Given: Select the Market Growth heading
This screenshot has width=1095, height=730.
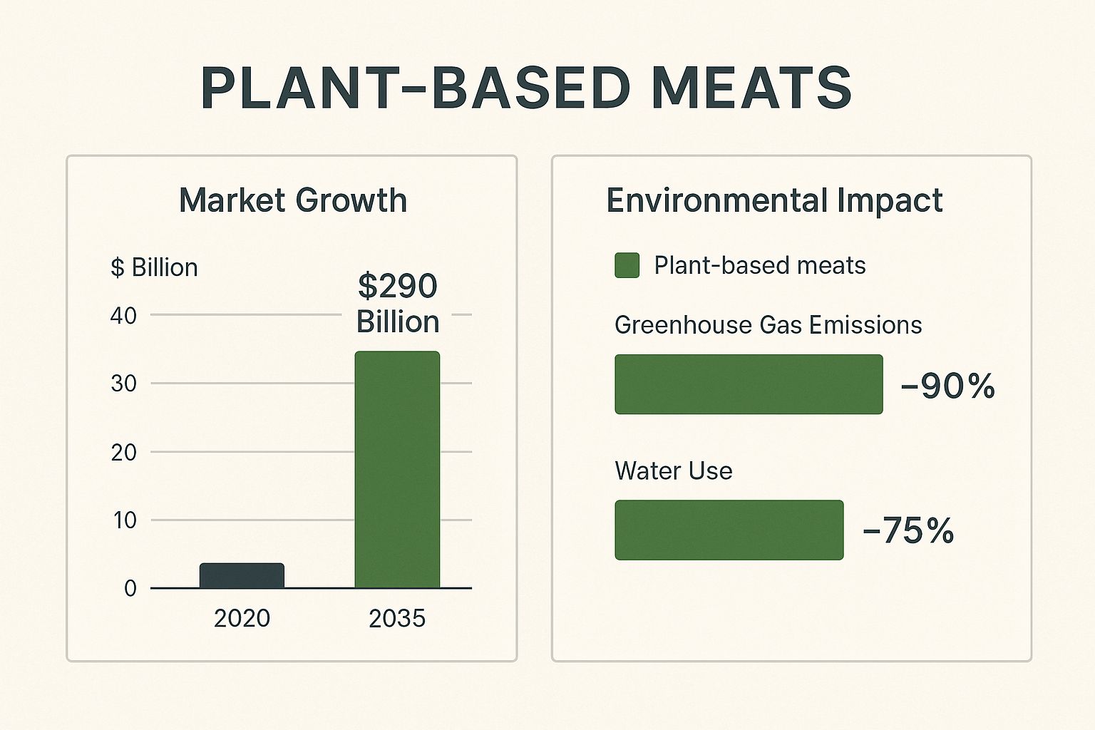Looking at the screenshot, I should [x=292, y=200].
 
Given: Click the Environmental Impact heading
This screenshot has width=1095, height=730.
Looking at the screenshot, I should [x=774, y=200].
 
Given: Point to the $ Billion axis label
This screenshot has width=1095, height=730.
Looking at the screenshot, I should [x=154, y=267].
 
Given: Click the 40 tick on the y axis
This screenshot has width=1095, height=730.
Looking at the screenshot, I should [x=123, y=315].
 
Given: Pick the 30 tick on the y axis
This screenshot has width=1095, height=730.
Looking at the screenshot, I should [x=123, y=384].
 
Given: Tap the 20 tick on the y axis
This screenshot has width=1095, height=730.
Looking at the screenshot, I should [x=123, y=452].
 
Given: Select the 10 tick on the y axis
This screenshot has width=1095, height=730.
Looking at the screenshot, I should [x=124, y=520].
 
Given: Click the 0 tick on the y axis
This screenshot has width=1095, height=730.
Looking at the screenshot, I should [x=130, y=588].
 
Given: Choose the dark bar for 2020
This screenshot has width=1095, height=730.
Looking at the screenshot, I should [x=242, y=576].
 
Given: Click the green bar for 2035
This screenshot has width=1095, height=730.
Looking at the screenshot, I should [x=397, y=470].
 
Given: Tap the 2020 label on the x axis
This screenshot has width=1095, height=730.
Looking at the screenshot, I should [x=242, y=618].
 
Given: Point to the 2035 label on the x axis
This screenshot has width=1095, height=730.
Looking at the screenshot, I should [x=397, y=618].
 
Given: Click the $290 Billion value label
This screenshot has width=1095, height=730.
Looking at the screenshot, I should [x=398, y=304].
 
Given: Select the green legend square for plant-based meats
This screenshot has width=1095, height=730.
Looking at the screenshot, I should [x=627, y=265].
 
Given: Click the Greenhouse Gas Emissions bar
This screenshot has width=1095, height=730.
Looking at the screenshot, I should [x=749, y=384].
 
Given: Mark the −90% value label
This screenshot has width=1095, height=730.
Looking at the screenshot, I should [x=947, y=386].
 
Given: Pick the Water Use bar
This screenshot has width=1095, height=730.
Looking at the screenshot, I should [x=729, y=530].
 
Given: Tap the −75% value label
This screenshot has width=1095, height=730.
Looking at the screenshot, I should [x=908, y=530].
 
